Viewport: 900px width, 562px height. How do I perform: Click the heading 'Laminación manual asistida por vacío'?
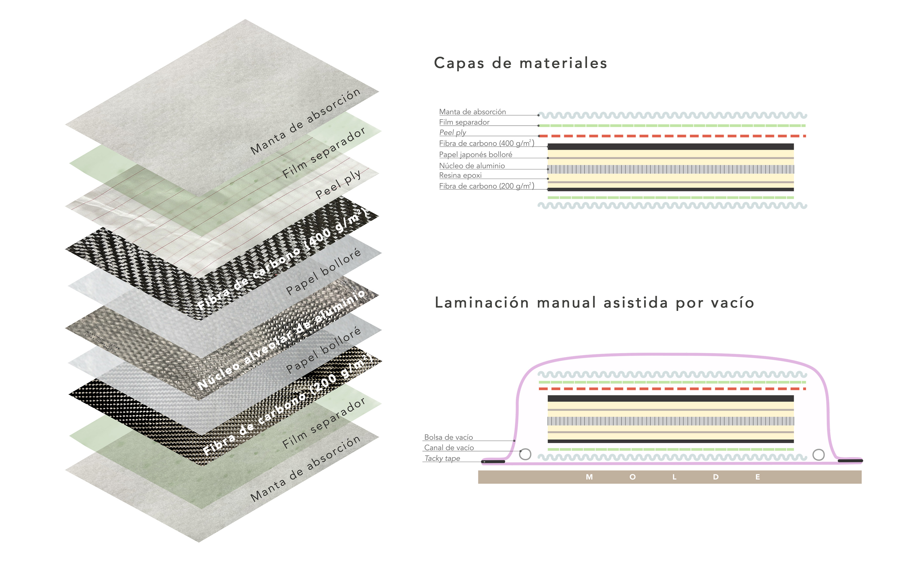tap(594, 303)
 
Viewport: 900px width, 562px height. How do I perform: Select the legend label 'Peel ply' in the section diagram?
tap(452, 132)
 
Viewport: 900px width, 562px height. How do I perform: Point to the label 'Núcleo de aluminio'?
tap(472, 166)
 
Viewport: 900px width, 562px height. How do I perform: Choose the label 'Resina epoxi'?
tap(460, 175)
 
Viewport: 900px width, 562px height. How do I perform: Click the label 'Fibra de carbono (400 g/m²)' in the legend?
tap(486, 143)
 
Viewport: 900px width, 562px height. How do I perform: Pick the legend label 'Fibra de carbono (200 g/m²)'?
tap(486, 186)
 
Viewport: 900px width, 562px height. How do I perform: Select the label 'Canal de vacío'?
tap(449, 448)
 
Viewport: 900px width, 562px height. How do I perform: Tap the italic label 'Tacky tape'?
tap(442, 458)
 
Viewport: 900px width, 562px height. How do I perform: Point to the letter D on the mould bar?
tap(716, 477)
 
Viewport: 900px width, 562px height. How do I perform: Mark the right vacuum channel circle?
tap(819, 454)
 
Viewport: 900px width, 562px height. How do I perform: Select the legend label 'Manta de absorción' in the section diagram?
tap(472, 112)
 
